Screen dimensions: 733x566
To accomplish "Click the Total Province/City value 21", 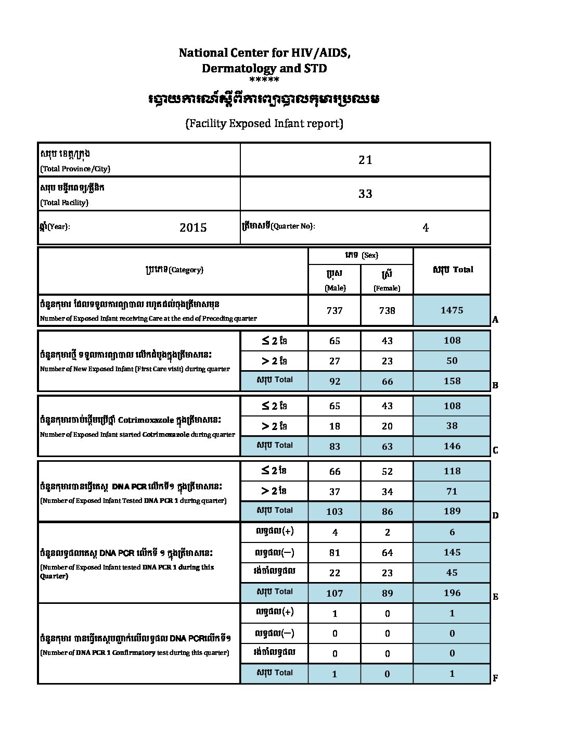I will click(365, 160).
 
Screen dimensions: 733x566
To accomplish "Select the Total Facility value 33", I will click(365, 194).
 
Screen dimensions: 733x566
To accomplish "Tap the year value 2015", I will click(193, 228).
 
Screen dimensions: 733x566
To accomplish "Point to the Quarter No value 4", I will click(426, 228).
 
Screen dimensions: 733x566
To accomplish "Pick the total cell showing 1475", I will click(452, 310).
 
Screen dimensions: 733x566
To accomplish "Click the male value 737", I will click(335, 310).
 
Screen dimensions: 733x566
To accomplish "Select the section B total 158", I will click(452, 381).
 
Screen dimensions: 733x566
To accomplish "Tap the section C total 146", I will click(452, 446).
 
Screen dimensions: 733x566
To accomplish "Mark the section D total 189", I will click(452, 511).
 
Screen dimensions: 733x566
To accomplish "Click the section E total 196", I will click(452, 592).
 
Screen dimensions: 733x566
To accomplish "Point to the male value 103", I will click(335, 511).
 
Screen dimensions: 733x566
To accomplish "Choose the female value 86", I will click(387, 511).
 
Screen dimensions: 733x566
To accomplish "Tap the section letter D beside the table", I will click(495, 515).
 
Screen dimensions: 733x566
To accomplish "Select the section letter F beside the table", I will click(495, 678).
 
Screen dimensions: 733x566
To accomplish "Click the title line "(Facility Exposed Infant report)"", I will click(264, 123).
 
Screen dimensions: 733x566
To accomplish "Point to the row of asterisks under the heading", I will click(264, 80).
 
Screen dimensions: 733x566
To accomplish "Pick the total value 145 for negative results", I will click(452, 552).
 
